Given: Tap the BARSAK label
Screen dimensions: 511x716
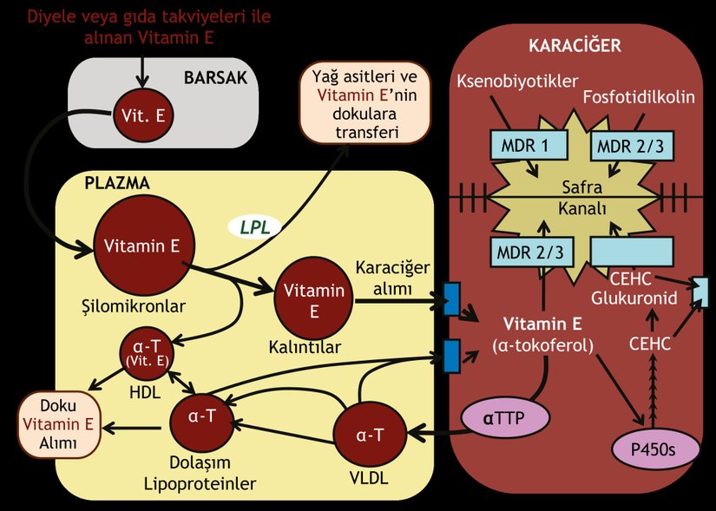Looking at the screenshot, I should point(215,77).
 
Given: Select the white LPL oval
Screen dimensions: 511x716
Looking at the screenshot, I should point(255,227).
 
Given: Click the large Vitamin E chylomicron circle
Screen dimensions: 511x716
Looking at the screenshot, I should point(142,246).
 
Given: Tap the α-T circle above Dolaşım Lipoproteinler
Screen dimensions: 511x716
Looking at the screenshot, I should point(202,416).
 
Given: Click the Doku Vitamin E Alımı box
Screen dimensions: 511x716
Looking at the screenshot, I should point(58,424).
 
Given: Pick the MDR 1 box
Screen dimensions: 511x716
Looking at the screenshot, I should point(524,146).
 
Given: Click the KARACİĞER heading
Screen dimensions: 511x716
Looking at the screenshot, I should point(575,45).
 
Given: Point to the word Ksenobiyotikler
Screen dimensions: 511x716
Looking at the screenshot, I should point(517,82).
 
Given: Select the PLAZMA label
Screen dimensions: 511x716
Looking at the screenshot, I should point(117,183).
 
